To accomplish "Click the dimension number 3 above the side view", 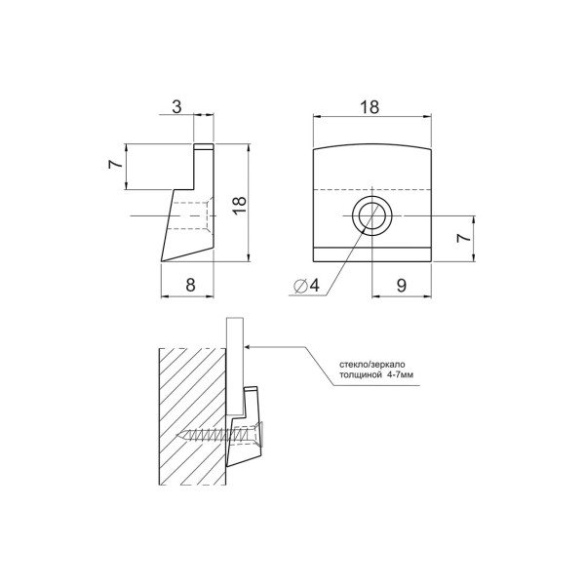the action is click(x=176, y=106).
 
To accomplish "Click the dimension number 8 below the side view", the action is click(x=190, y=286).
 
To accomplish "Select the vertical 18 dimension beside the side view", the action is click(x=240, y=205).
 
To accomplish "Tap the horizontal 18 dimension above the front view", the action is click(x=370, y=107).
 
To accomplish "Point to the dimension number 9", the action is click(x=402, y=286).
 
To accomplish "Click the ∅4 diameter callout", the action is click(x=307, y=286).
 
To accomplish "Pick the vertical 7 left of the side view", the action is click(x=115, y=164).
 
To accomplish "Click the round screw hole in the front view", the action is click(x=371, y=216).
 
